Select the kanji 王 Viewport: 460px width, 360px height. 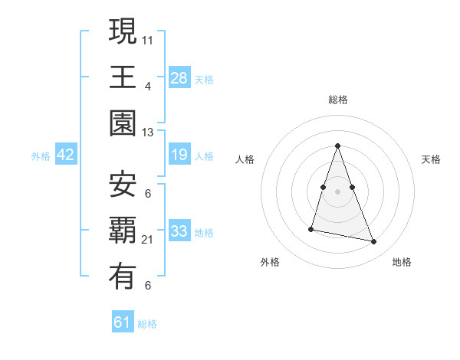click(x=123, y=77)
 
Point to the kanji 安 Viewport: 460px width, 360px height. click(x=123, y=183)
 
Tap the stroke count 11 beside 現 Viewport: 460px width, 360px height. click(x=148, y=38)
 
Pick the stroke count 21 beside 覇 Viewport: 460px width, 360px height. click(x=148, y=240)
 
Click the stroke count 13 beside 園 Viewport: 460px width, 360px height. click(x=148, y=133)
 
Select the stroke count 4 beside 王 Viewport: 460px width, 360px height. click(x=148, y=86)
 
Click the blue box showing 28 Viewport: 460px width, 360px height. click(x=179, y=77)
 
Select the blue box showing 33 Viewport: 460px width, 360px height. click(x=179, y=231)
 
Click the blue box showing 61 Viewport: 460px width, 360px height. click(x=123, y=322)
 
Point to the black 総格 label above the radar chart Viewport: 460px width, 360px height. click(x=338, y=100)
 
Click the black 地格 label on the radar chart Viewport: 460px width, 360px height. click(x=402, y=262)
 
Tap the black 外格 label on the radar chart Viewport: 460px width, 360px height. click(x=270, y=262)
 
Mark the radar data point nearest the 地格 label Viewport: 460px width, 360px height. click(x=374, y=242)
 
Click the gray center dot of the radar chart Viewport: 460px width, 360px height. click(x=337, y=191)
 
